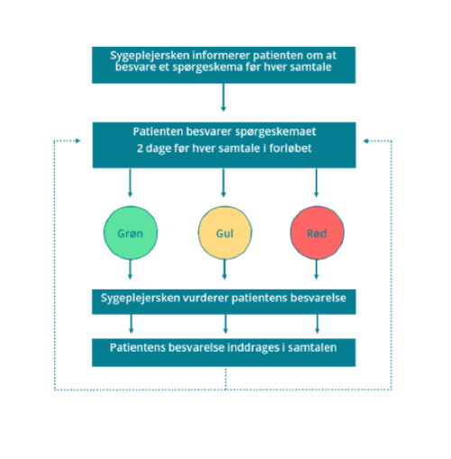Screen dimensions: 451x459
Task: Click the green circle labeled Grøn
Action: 130,233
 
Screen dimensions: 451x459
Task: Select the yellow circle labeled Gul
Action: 225,233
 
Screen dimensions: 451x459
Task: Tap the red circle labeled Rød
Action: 318,233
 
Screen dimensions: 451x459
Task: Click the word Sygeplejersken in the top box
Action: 150,56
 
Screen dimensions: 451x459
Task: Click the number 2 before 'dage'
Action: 140,148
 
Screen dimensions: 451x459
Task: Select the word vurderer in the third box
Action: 206,298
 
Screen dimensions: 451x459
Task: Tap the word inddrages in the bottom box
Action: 253,348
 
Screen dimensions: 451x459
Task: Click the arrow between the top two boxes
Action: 223,97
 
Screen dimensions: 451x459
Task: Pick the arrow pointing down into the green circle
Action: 130,182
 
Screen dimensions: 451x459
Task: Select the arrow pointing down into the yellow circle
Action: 223,182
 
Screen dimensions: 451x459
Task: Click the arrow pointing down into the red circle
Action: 316,182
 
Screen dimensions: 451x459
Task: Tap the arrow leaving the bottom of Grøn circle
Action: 130,270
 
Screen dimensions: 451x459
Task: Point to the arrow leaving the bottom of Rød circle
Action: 316,270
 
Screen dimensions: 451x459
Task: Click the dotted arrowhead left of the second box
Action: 78,141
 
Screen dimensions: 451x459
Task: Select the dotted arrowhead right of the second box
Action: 366,141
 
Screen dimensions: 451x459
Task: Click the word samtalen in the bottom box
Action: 312,348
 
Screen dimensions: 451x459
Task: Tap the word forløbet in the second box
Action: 290,148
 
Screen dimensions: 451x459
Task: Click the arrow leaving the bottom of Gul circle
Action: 225,270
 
